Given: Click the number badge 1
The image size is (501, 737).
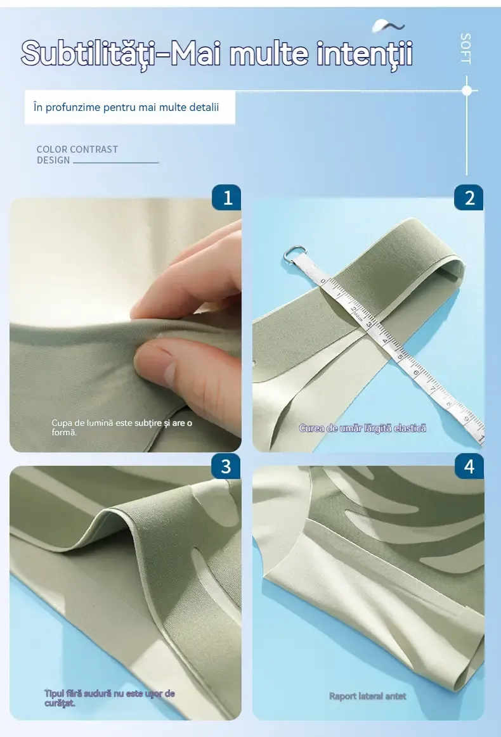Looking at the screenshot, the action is click(226, 198).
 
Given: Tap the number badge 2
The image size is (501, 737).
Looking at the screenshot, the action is click(469, 198).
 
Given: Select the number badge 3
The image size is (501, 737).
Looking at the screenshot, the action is click(226, 466).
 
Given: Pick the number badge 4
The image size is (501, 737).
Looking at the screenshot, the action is click(469, 466).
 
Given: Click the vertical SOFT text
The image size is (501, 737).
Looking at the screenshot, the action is click(465, 48).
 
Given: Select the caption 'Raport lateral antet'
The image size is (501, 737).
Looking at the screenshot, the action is click(367, 696).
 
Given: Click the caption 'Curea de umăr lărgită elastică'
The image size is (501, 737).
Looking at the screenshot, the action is click(363, 428).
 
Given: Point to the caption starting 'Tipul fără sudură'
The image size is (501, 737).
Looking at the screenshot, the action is click(109, 698).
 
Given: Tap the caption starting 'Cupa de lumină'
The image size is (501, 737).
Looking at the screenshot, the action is click(122, 427).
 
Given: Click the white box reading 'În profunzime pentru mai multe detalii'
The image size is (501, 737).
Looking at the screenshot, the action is click(130, 107).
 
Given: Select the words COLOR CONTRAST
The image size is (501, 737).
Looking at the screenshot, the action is click(77, 150).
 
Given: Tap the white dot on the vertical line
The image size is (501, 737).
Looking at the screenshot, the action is click(467, 90).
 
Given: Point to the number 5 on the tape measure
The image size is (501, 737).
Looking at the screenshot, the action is click(400, 357).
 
